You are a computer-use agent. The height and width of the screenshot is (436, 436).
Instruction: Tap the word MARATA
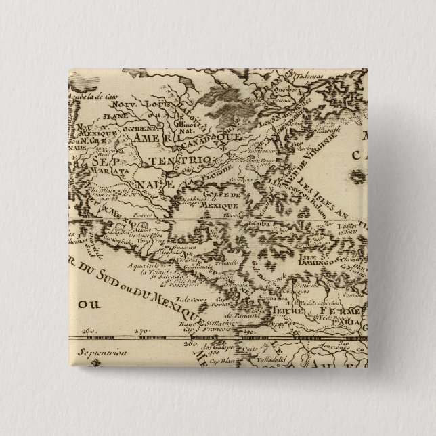coord(102,172)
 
